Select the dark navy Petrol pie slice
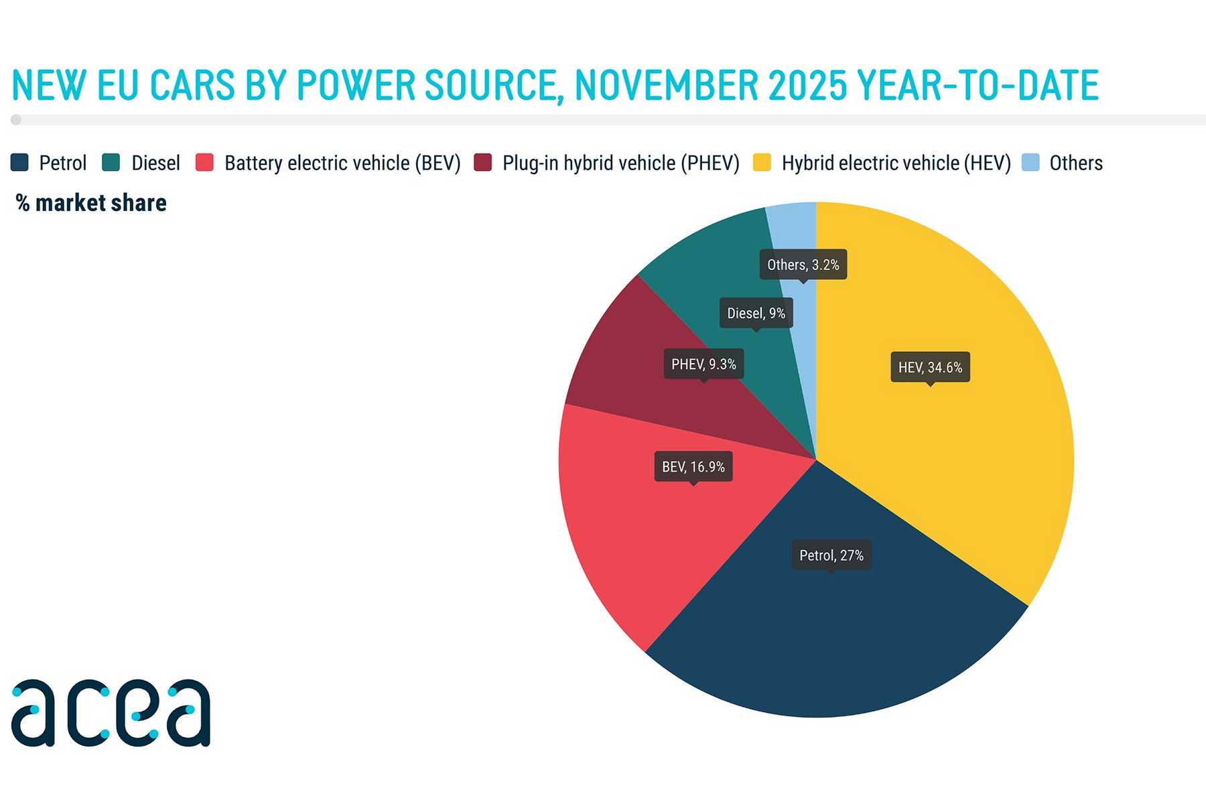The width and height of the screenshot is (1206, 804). (837, 636)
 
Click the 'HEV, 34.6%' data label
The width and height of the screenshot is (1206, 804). (930, 367)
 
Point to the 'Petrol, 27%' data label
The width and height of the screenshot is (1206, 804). (831, 555)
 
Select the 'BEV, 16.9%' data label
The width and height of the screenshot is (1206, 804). (693, 467)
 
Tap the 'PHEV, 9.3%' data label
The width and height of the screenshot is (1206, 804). (703, 364)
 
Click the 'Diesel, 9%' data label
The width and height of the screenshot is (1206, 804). (756, 313)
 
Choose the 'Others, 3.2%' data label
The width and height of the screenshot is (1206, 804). (803, 265)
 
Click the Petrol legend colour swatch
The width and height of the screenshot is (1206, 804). (19, 163)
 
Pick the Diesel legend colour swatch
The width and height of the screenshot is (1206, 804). (111, 163)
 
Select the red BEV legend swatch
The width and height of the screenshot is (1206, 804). (204, 163)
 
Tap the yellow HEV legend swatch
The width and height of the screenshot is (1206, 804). (762, 163)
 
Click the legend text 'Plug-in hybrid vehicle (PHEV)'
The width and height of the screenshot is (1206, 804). (620, 163)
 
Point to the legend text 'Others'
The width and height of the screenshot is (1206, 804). (1075, 163)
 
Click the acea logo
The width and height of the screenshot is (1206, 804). (111, 713)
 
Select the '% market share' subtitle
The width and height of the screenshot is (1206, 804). (91, 202)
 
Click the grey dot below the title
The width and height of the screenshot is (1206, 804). (16, 120)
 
